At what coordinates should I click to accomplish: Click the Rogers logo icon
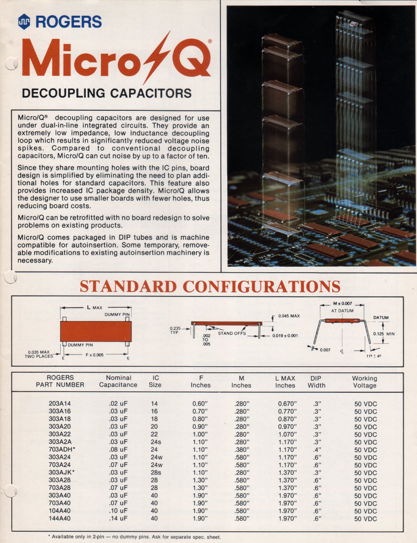[24, 21]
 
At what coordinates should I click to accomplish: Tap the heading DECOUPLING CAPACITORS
[106, 93]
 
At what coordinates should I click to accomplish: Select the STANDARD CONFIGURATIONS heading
[210, 286]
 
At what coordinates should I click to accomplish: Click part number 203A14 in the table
[59, 404]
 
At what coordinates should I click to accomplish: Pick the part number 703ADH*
[62, 449]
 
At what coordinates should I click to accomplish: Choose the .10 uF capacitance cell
[118, 511]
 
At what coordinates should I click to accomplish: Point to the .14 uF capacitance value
[118, 519]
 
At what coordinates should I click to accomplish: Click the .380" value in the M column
[242, 449]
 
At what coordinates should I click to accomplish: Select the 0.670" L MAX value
[287, 404]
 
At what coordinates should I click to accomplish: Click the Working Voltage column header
[365, 382]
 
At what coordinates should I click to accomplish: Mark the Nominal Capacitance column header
[118, 382]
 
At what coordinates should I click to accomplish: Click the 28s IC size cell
[157, 473]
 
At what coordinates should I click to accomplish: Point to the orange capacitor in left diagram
[96, 331]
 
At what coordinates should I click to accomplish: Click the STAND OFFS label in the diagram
[232, 333]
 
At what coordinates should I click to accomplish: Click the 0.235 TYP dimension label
[175, 330]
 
